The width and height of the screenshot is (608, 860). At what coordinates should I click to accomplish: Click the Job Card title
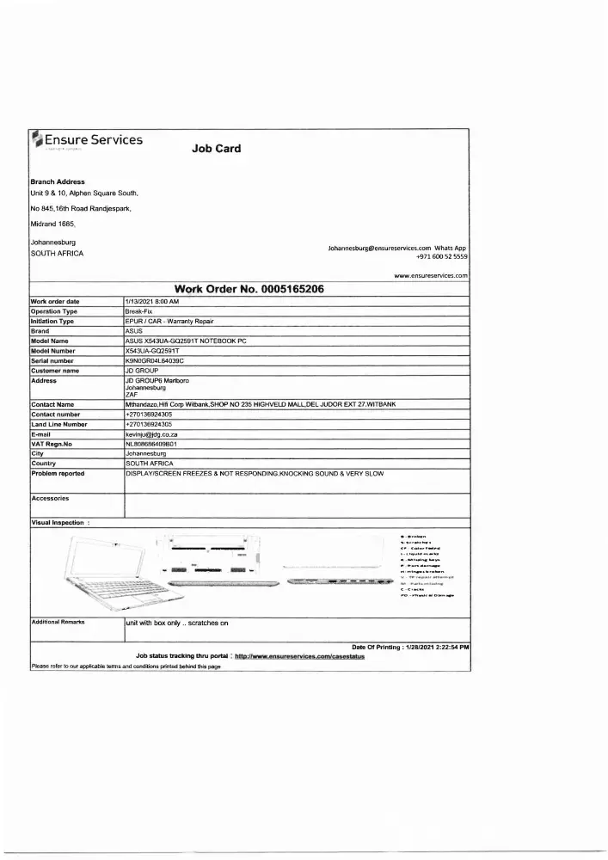tap(216, 148)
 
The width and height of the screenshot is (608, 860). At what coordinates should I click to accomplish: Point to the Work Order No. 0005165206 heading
tap(249, 289)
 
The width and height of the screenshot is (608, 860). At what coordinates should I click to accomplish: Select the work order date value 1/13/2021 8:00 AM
tap(152, 302)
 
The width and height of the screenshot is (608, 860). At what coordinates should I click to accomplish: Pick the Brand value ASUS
tap(134, 331)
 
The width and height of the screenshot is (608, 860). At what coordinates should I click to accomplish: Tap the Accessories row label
tap(50, 498)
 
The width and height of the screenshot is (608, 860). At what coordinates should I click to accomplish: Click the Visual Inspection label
tap(60, 522)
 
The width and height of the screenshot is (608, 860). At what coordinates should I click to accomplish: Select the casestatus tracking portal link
tap(299, 656)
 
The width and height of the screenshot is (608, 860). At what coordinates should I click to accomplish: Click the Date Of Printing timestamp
tap(410, 647)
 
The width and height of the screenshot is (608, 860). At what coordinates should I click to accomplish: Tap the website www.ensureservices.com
tap(430, 276)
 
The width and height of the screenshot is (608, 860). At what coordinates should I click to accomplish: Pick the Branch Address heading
tap(58, 182)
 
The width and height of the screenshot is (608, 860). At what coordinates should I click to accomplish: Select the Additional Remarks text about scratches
tap(177, 623)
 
